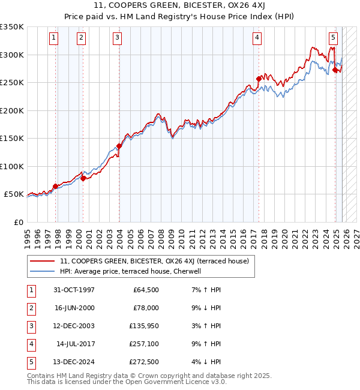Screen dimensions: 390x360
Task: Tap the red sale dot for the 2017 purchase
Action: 259,79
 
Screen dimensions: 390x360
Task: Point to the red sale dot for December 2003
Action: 119,146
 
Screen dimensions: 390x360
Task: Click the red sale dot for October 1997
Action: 56,186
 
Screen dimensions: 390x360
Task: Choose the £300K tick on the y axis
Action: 12,55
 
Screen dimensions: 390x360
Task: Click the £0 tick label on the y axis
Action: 18,223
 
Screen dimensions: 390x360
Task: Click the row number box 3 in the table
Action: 29,326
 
